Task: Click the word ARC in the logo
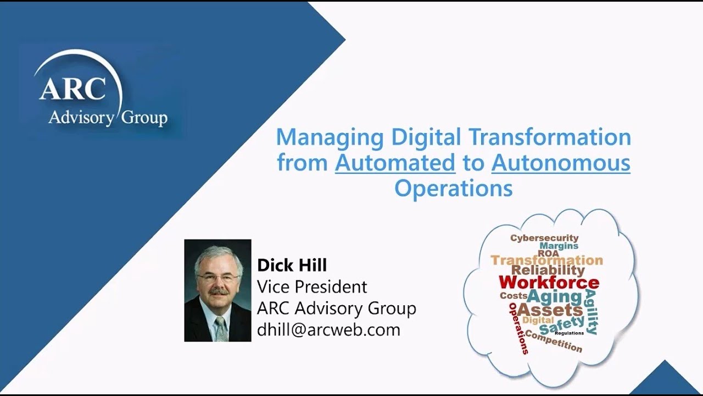click(72, 89)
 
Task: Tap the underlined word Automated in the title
click(395, 163)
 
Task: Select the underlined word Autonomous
click(561, 163)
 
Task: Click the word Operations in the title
click(453, 188)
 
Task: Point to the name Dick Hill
click(292, 265)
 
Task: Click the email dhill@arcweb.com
click(328, 329)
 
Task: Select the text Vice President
click(312, 287)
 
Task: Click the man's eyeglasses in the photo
click(217, 278)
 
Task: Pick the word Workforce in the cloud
click(549, 283)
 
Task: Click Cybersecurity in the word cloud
click(544, 238)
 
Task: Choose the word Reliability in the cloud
click(548, 270)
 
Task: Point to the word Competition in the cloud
click(553, 340)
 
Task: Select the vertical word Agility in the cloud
click(592, 312)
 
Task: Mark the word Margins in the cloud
click(559, 246)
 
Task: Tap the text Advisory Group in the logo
click(108, 117)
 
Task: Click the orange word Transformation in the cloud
click(546, 260)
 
